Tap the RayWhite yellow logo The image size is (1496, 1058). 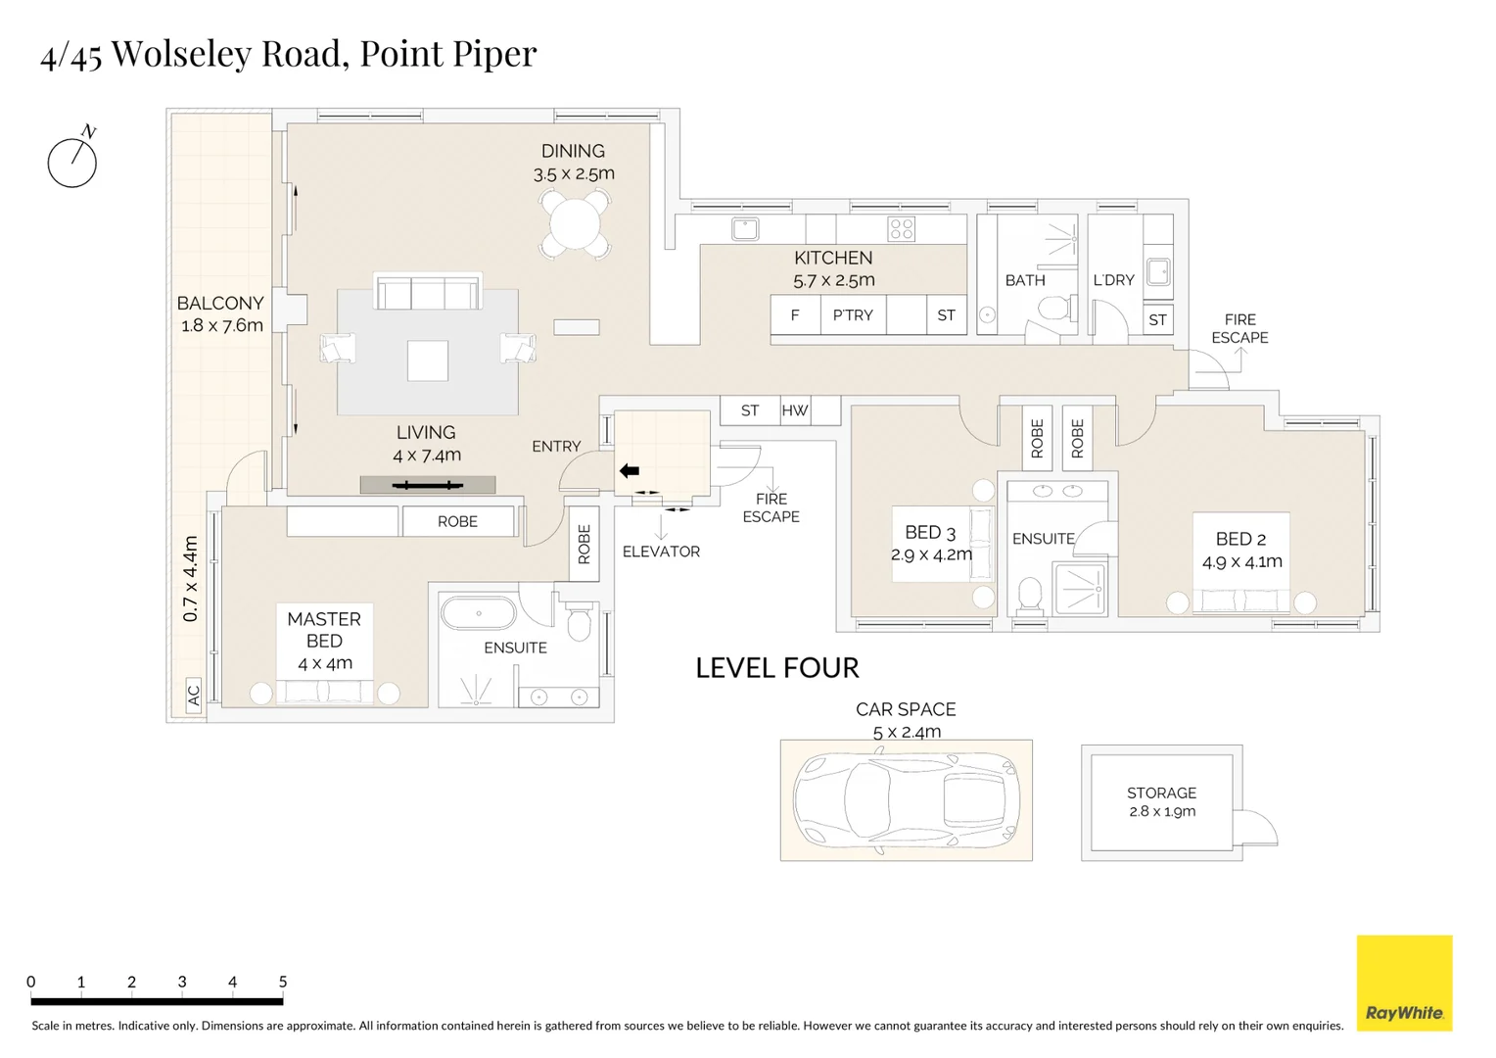tap(1404, 983)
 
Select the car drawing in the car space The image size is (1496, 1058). tap(906, 799)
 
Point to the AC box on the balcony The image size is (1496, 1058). tap(193, 695)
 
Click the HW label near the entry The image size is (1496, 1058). tap(795, 410)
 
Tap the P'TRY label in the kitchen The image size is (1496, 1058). tap(853, 315)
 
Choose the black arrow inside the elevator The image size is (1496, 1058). tap(630, 471)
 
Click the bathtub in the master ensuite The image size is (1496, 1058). tap(478, 614)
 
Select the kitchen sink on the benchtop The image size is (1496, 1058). tap(745, 229)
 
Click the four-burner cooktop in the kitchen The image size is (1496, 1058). tap(901, 229)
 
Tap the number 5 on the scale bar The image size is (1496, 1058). tap(283, 982)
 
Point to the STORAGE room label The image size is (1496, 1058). tap(1161, 793)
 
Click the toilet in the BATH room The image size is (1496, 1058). tap(1053, 311)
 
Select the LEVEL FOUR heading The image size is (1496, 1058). tap(777, 668)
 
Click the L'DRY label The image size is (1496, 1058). tap(1113, 280)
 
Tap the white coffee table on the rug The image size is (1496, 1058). tap(428, 361)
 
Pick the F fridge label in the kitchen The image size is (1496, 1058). tap(795, 315)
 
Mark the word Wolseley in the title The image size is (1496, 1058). tap(181, 54)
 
